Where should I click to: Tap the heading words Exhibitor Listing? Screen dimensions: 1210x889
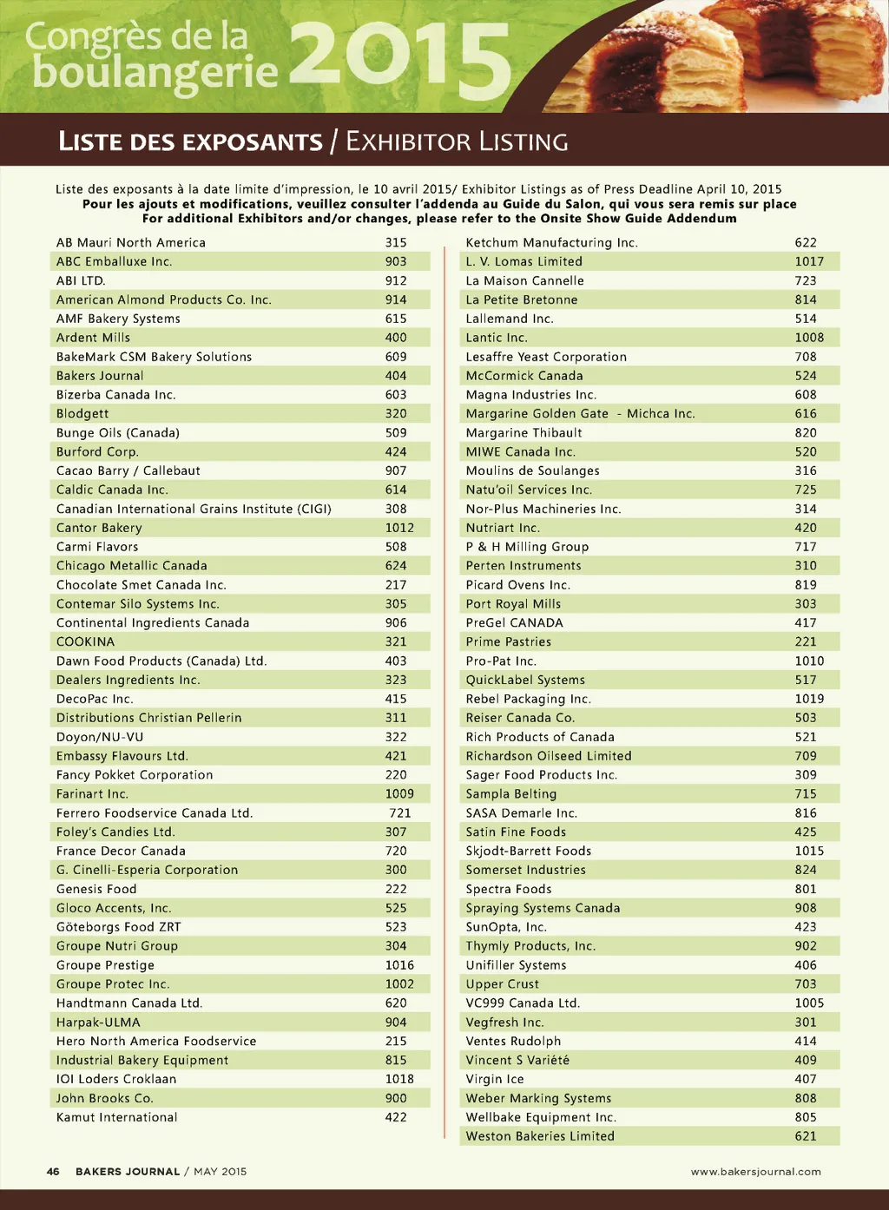point(457,141)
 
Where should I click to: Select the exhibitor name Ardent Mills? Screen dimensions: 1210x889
point(93,338)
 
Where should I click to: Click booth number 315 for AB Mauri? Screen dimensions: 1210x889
point(396,242)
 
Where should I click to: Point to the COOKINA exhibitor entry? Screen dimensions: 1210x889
point(85,641)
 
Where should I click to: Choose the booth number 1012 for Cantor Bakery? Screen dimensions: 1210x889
point(399,528)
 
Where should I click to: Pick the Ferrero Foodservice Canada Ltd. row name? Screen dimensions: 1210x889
point(155,813)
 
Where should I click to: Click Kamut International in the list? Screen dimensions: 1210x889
point(116,1117)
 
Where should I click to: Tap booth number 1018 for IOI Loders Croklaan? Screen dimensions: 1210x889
point(399,1079)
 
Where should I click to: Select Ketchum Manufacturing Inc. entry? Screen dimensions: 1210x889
point(551,242)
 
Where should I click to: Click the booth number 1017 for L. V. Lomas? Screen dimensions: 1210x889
point(809,261)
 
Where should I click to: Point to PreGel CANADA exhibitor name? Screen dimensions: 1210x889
point(514,622)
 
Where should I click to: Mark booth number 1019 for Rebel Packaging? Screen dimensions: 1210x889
point(809,699)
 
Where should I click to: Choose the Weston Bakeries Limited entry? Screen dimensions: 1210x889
point(540,1136)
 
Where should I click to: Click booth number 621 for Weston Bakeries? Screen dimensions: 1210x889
point(806,1136)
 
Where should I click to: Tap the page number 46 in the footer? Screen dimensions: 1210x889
point(53,1171)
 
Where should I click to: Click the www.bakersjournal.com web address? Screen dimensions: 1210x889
point(755,1171)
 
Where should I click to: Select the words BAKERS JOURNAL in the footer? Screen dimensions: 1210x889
point(128,1171)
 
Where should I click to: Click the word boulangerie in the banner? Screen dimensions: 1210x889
point(155,73)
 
